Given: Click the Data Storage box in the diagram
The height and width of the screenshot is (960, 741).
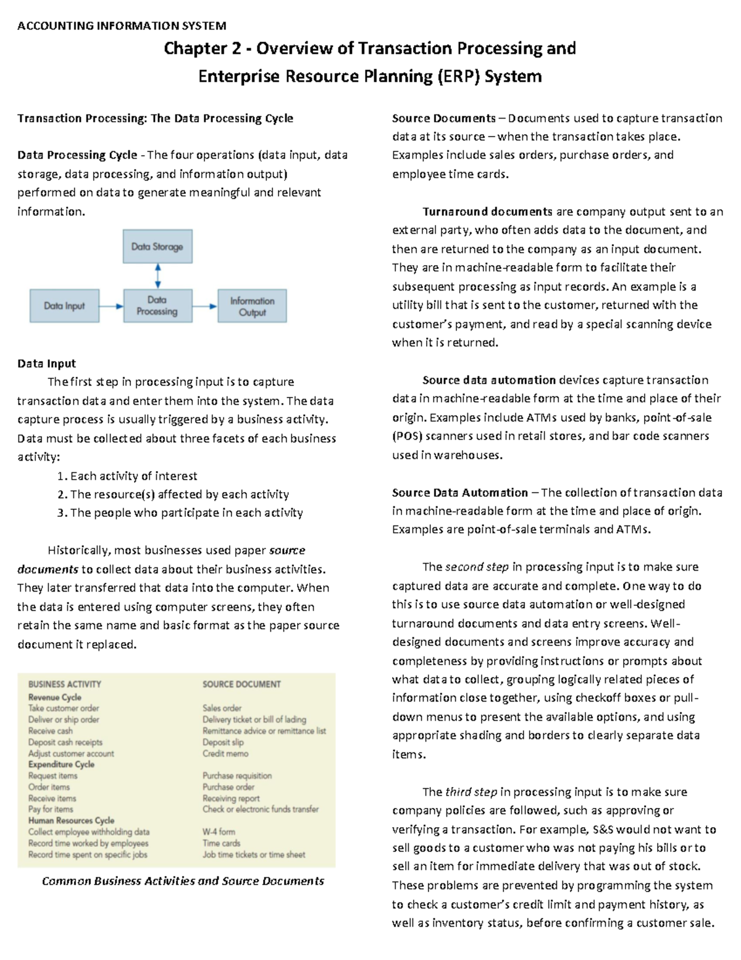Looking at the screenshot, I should click(x=157, y=247).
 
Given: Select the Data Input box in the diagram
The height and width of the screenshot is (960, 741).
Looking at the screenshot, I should click(x=64, y=306).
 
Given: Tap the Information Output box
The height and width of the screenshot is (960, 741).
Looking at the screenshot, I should click(x=252, y=306).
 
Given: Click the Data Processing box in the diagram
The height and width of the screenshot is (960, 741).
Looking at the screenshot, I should click(x=157, y=306).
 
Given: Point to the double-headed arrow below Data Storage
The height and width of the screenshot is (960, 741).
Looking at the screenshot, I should click(x=158, y=276).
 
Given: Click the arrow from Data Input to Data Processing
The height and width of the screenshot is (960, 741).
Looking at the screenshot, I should click(x=111, y=306).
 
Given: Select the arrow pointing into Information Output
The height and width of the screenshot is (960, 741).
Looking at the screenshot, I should click(x=205, y=306).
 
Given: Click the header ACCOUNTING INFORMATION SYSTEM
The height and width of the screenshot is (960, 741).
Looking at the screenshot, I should click(x=122, y=26).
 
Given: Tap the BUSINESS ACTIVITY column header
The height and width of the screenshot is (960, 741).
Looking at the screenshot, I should click(x=65, y=684).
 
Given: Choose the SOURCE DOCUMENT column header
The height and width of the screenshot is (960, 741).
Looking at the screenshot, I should click(x=241, y=684).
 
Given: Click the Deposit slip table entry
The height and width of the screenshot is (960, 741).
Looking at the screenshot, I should click(x=223, y=742).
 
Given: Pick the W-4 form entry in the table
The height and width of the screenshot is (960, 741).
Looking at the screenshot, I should click(x=219, y=832).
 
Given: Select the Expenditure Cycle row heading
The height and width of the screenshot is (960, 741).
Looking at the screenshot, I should click(x=61, y=765).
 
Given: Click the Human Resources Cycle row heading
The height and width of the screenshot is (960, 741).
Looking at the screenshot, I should click(x=71, y=820).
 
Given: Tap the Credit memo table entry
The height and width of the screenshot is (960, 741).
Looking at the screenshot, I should click(x=225, y=754).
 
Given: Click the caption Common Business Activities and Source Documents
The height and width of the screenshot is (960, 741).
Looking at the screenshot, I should click(x=183, y=881).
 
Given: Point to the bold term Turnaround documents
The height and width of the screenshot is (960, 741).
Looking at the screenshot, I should click(x=487, y=211).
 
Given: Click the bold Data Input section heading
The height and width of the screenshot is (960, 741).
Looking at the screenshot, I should click(x=46, y=363).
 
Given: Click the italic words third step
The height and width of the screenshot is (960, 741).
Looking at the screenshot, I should click(x=471, y=792).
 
